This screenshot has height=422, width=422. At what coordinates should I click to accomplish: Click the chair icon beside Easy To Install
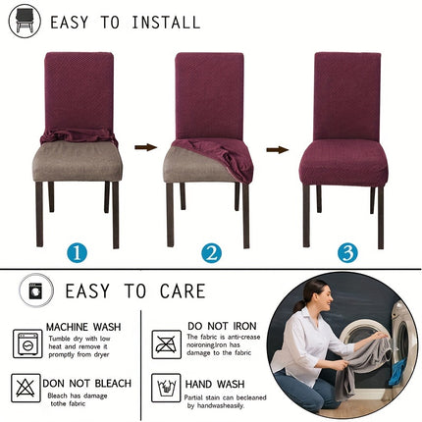point(25,22)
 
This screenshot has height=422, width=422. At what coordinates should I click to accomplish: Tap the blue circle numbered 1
point(77,252)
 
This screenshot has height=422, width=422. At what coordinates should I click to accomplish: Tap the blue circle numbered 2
point(211,252)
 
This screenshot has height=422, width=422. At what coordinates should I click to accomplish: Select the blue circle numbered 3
point(347,252)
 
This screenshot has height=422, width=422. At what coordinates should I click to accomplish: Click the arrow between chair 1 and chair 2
point(145,147)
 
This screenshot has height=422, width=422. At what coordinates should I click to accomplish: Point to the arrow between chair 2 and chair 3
point(278,149)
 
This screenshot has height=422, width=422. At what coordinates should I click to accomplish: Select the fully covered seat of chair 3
point(344,160)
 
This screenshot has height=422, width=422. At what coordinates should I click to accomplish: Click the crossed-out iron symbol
point(167,343)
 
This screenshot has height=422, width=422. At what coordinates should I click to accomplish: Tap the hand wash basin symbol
point(167,389)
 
